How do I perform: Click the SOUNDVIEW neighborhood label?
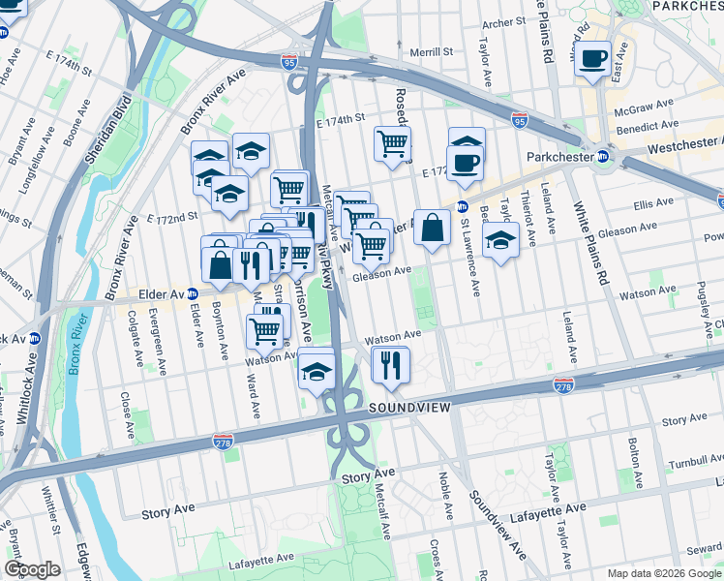pos(409,409)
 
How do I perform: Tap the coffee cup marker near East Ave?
pos(592,58)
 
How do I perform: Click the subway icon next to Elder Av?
pos(193,294)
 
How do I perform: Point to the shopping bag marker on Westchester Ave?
pos(432,230)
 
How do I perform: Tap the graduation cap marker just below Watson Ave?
pos(317,371)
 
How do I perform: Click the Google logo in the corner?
pos(32,569)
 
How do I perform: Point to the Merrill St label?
pos(431,52)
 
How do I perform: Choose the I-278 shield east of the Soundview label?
pos(564,386)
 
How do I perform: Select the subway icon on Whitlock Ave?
pos(35,339)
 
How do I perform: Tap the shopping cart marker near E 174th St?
pos(392,144)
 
